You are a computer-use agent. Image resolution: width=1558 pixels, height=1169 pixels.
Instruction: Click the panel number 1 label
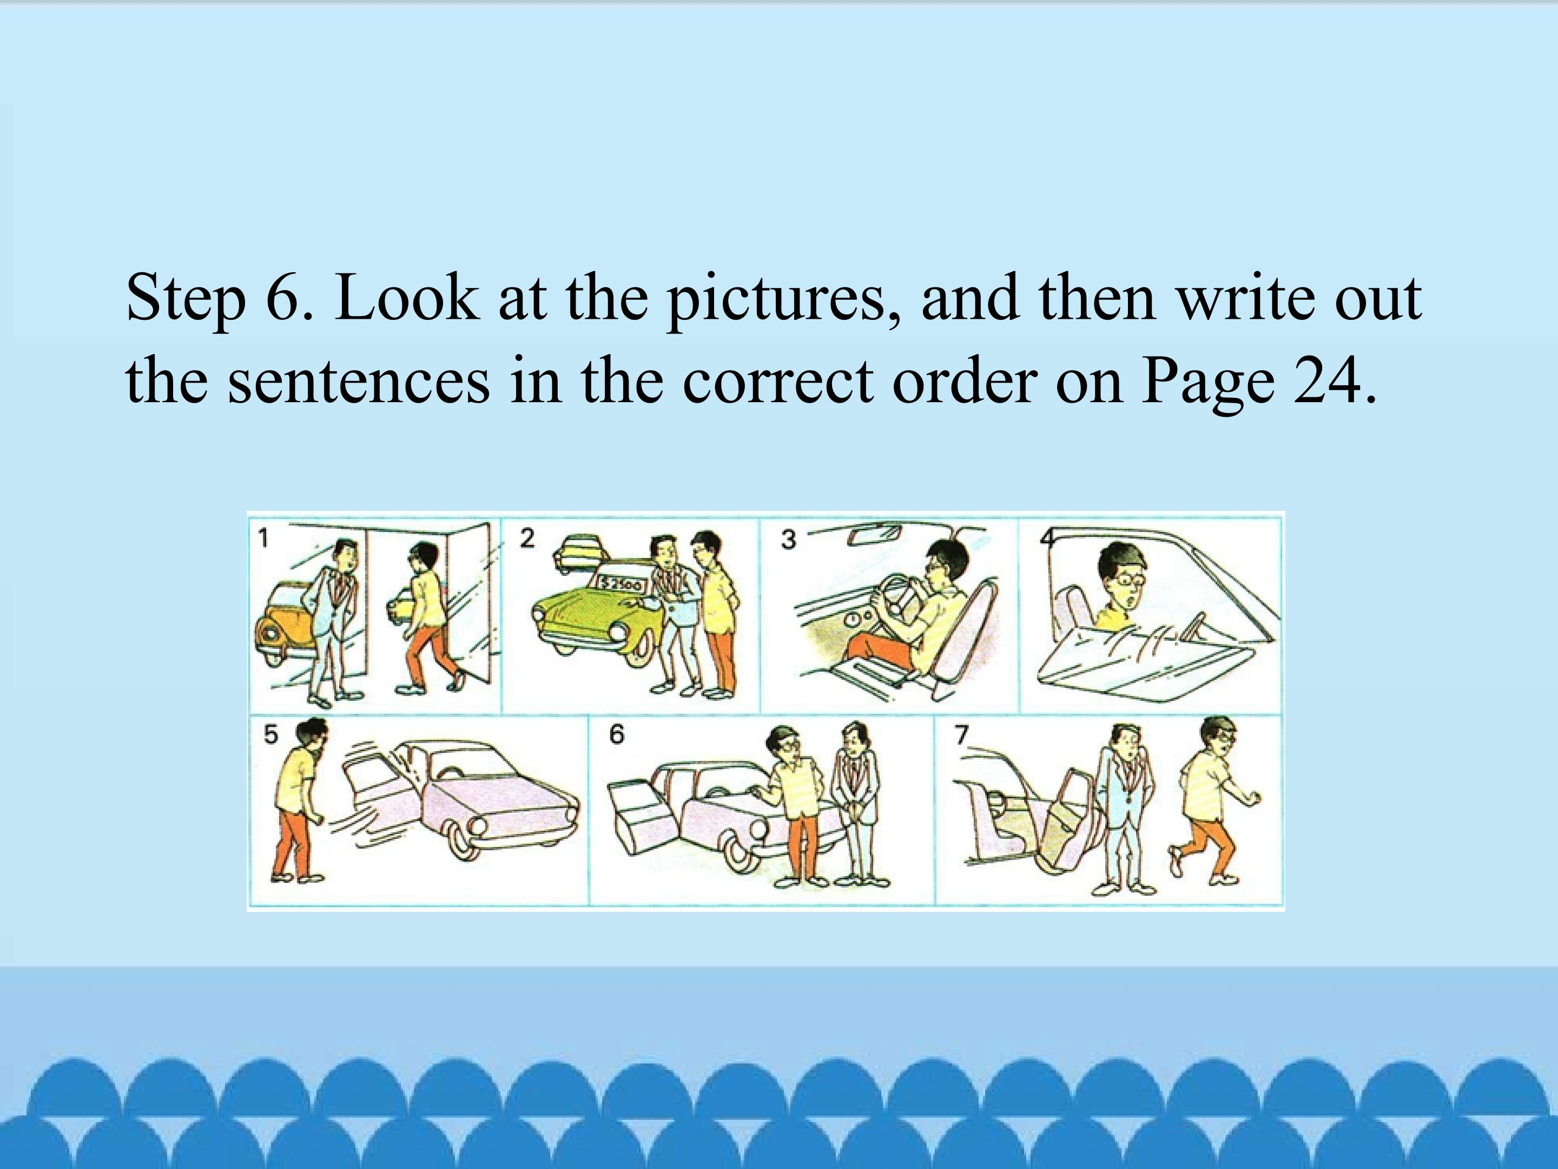point(263,539)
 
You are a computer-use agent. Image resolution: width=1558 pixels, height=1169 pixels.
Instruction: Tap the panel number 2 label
point(527,538)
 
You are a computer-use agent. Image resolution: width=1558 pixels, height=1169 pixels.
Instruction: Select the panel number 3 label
point(788,540)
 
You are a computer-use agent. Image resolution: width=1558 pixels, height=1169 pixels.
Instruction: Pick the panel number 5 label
point(270,735)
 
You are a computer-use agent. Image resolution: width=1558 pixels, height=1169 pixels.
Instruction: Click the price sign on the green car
point(620,583)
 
